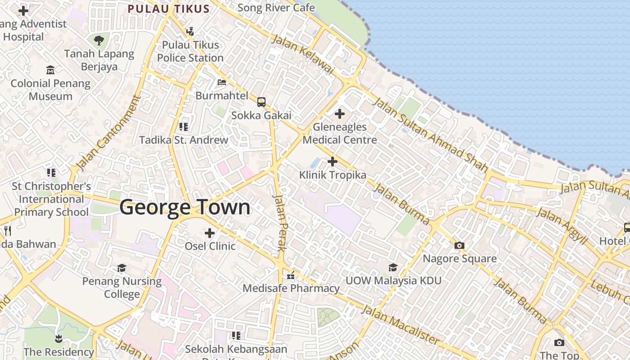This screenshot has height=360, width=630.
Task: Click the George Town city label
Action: click(185, 207)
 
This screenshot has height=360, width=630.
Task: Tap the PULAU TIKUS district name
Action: click(169, 9)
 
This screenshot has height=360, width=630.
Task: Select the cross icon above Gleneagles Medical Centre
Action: click(340, 114)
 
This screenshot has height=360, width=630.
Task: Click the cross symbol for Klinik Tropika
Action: click(333, 162)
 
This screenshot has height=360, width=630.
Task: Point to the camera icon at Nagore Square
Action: click(459, 245)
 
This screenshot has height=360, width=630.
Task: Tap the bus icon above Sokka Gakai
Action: click(261, 102)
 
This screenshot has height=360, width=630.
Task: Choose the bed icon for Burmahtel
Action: click(222, 82)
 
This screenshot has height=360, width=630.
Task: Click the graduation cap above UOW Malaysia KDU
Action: click(393, 268)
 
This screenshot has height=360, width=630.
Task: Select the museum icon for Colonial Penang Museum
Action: click(50, 70)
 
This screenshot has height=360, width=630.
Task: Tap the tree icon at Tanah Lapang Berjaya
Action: click(99, 40)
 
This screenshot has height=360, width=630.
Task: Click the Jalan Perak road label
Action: click(280, 222)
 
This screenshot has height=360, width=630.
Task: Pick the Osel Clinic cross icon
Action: click(210, 233)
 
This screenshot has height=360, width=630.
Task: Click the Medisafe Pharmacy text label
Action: click(291, 288)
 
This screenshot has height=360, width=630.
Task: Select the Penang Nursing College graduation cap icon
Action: click(121, 268)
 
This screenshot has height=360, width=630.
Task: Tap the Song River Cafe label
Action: click(276, 8)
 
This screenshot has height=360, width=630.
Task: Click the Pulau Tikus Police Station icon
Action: click(190, 31)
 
